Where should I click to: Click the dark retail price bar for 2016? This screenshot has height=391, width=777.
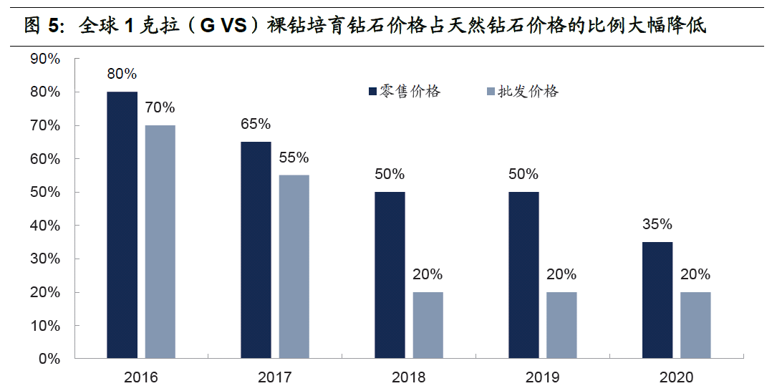click(122, 225)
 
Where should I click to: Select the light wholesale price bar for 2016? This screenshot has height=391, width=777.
click(160, 241)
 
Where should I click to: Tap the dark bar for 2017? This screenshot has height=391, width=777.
click(256, 250)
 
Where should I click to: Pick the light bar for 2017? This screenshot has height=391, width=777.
click(294, 266)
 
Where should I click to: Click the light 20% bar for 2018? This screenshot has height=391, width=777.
click(428, 325)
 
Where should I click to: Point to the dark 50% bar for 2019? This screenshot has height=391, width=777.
click(523, 275)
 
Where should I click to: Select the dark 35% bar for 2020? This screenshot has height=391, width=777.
click(657, 300)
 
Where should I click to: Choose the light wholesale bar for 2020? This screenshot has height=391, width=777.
click(695, 325)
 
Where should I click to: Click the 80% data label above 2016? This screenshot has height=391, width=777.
click(122, 74)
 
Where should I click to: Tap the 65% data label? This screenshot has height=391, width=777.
click(256, 124)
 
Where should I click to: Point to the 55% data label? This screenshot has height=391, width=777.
click(294, 158)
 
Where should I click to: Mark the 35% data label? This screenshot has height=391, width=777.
click(657, 224)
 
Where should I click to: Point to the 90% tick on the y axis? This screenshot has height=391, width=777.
click(45, 59)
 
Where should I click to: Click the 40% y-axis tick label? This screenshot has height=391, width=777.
click(45, 226)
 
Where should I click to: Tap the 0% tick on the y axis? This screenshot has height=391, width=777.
click(49, 359)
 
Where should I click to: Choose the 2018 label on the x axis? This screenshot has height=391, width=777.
click(408, 377)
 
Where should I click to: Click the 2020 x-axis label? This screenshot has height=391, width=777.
click(676, 377)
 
